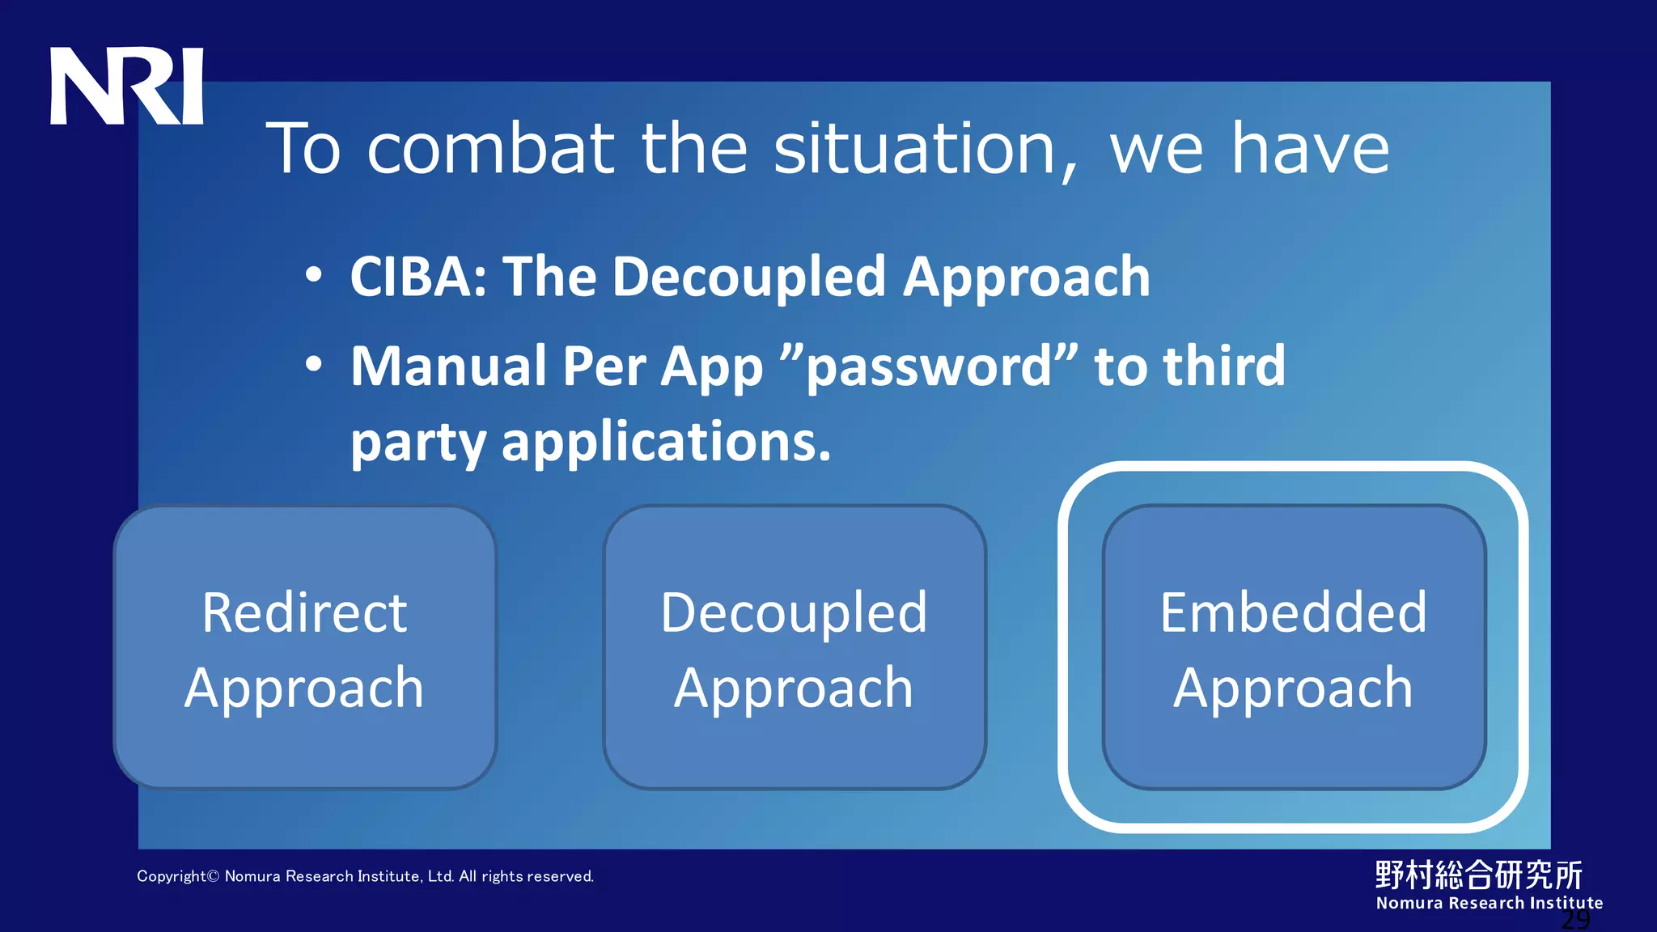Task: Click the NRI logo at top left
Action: (126, 86)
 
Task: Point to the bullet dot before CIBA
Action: (314, 275)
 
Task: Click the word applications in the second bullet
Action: (666, 443)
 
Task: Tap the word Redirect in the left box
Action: (304, 612)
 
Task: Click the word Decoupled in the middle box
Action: (794, 612)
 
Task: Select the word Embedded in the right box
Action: (1293, 612)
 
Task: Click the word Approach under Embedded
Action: (1293, 688)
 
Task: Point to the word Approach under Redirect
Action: (304, 688)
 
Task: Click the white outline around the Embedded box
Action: (1065, 647)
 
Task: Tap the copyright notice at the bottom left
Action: (365, 876)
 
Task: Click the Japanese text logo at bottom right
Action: (1478, 875)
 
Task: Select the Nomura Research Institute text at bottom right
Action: (1489, 903)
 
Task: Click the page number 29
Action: (1575, 920)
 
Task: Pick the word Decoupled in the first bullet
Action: (749, 277)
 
